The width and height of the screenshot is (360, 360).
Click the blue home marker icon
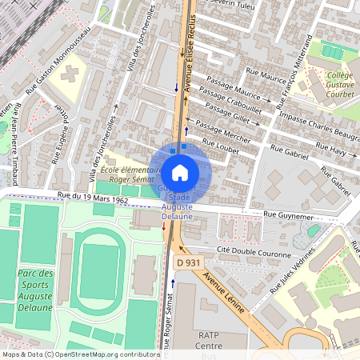pyautogui.click(x=180, y=172)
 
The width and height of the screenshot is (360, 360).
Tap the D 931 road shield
pyautogui.click(x=186, y=262)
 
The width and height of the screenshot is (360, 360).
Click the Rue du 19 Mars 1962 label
pyautogui.click(x=92, y=198)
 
